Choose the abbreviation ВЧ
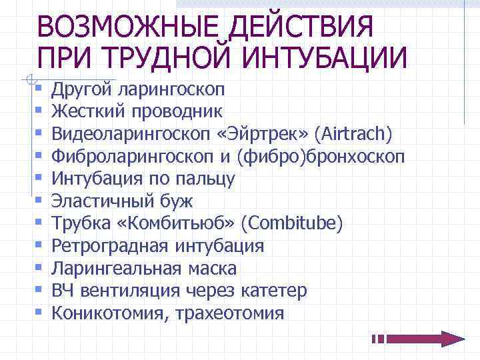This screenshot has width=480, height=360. [63, 291]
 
